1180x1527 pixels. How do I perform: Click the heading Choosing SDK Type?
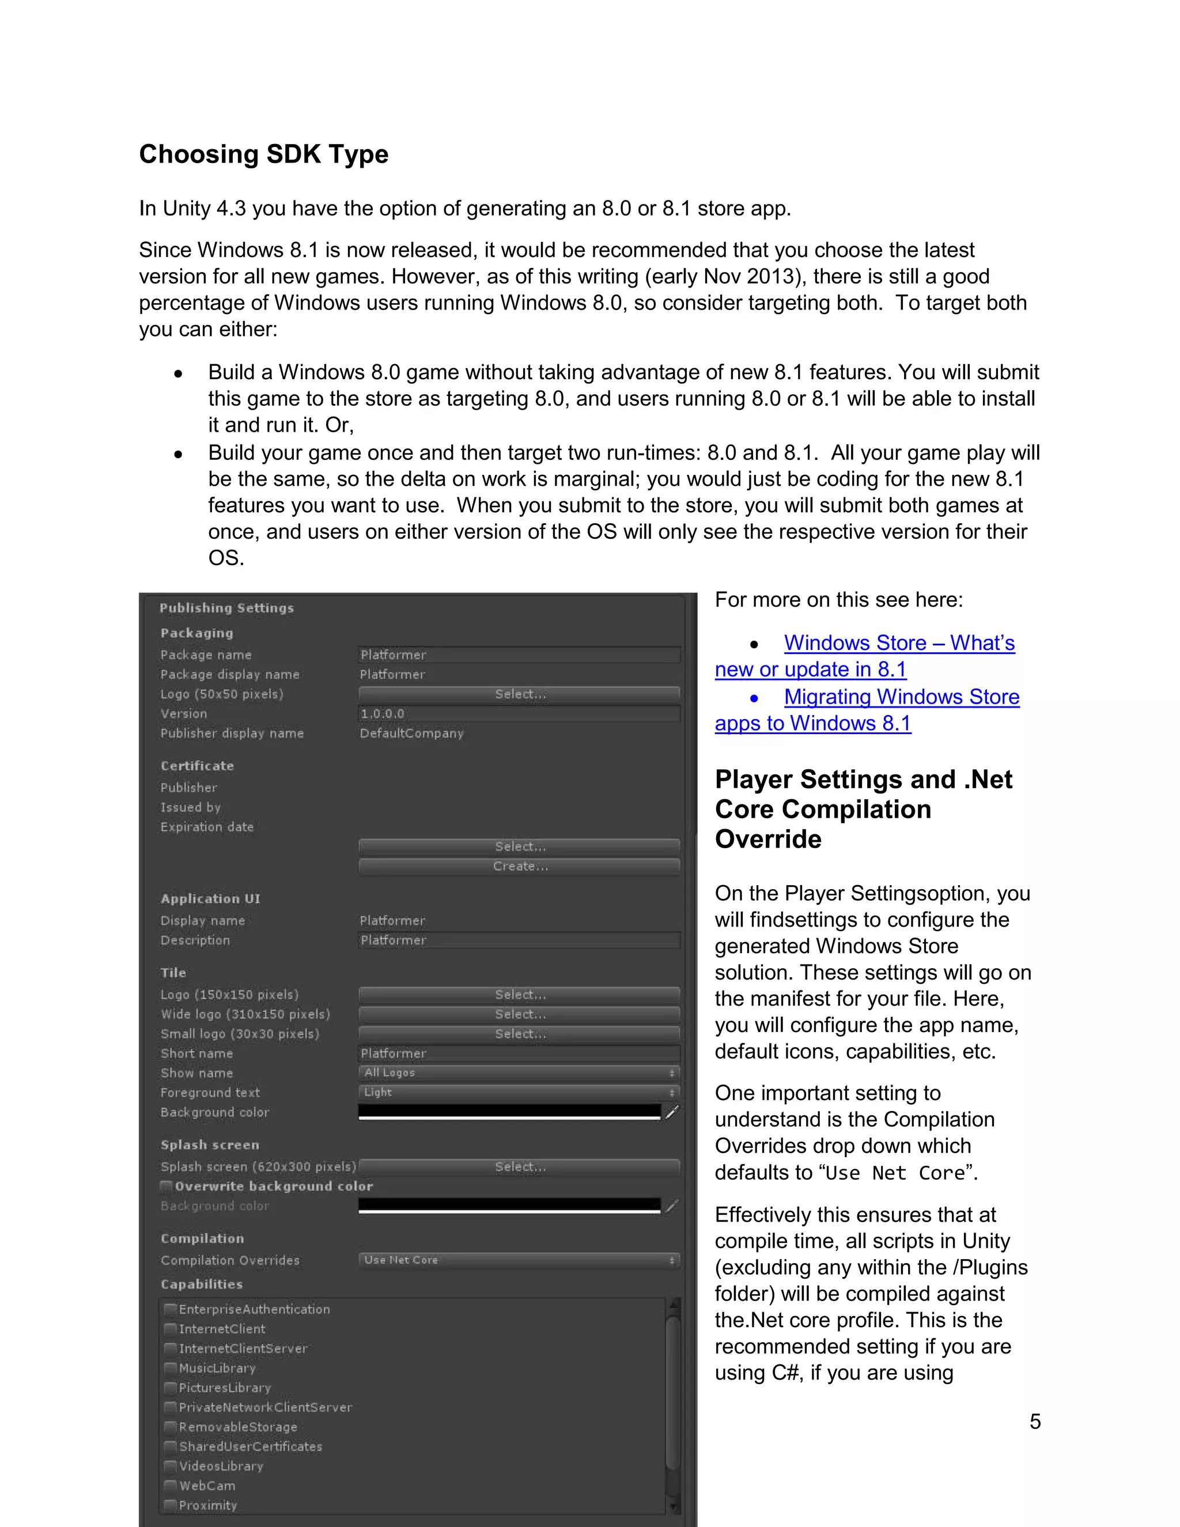pyautogui.click(x=263, y=154)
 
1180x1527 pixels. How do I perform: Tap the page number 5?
pyautogui.click(x=1035, y=1421)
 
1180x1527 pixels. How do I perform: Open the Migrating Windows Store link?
pyautogui.click(x=901, y=697)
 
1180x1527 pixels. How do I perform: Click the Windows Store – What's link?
pyautogui.click(x=899, y=642)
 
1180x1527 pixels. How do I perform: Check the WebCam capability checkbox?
pyautogui.click(x=170, y=1486)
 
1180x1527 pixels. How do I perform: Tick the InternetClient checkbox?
pyautogui.click(x=170, y=1329)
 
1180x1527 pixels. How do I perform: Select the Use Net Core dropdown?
pyautogui.click(x=519, y=1260)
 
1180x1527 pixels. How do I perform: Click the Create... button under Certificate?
pyautogui.click(x=519, y=866)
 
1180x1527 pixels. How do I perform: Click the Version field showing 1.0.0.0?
pyautogui.click(x=519, y=714)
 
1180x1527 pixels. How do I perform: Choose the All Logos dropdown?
pyautogui.click(x=519, y=1072)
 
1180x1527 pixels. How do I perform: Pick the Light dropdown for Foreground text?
pyautogui.click(x=519, y=1092)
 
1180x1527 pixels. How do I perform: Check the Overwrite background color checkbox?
pyautogui.click(x=167, y=1186)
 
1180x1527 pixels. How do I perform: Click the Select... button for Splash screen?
pyautogui.click(x=519, y=1167)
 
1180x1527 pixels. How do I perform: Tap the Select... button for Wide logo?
pyautogui.click(x=519, y=1014)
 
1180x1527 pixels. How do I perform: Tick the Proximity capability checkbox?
pyautogui.click(x=170, y=1505)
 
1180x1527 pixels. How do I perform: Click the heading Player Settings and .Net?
pyautogui.click(x=863, y=779)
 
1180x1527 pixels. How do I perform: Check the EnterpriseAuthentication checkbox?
pyautogui.click(x=170, y=1310)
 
